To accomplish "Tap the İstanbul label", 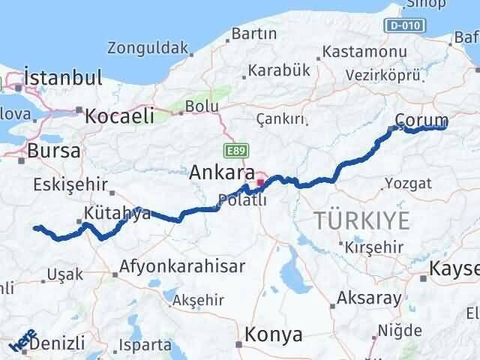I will [62, 77].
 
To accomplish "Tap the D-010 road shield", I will [406, 26].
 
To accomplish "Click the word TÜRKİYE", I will [362, 220].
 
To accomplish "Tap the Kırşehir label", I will [372, 246].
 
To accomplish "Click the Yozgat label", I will [408, 183].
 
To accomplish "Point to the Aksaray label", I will [369, 298].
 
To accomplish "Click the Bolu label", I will [202, 106].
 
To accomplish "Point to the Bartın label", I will [253, 34].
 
